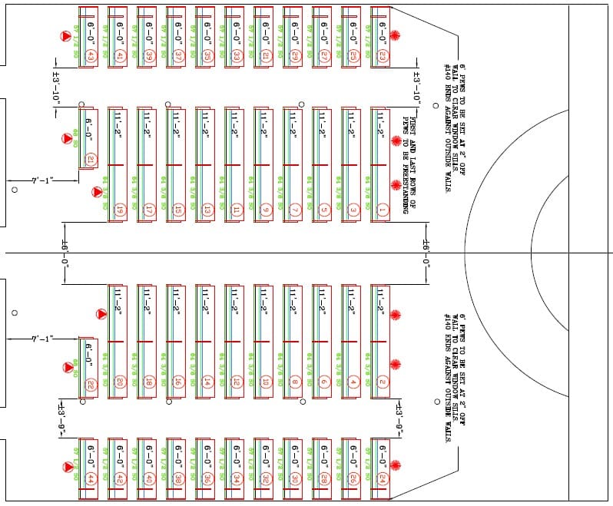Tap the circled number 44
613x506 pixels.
click(91, 478)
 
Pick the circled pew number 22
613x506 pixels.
click(91, 383)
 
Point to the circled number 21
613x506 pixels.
click(91, 160)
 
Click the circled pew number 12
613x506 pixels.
click(236, 382)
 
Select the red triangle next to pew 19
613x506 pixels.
click(98, 192)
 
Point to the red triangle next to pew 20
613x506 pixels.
click(101, 314)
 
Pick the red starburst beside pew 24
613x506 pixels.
click(396, 466)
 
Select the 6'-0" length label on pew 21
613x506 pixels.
click(91, 127)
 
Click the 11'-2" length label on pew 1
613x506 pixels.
click(380, 121)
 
